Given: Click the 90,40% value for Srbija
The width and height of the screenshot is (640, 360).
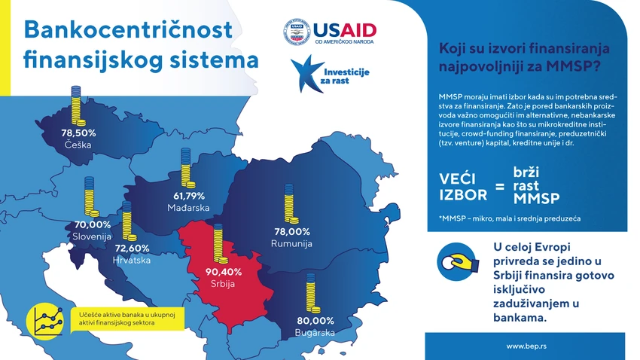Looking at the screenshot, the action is tap(224, 272).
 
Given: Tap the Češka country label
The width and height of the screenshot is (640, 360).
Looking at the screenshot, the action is tap(78, 145).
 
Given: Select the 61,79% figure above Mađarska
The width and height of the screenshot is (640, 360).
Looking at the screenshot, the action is tap(188, 196).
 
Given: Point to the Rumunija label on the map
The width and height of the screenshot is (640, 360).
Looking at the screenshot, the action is tap(291, 244).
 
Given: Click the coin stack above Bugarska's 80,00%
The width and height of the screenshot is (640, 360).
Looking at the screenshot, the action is tap(312, 293).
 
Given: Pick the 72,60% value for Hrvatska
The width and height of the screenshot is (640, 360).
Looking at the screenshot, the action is tap(133, 249).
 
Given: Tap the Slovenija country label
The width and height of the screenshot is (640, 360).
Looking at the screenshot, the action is tap(92, 236).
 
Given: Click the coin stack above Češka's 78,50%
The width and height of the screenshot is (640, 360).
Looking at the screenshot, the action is tap(78, 105).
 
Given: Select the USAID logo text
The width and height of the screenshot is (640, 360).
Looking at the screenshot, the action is tap(345, 31).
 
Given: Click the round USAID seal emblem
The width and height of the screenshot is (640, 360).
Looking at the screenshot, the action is tap(297, 32).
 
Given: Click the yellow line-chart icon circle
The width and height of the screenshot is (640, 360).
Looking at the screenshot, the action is tap(45, 322).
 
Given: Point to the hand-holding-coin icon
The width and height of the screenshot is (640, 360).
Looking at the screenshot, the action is tap(457, 261).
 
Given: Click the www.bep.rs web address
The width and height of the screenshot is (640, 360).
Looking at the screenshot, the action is tap(526, 346).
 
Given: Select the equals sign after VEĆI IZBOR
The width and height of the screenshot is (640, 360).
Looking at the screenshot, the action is tap(500, 187).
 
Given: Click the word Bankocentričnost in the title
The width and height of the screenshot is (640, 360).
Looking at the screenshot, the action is tap(128, 30).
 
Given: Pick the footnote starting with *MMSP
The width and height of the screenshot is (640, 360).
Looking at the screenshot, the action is tap(510, 218).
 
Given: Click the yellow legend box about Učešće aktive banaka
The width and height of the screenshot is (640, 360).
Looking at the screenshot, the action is tap(128, 319).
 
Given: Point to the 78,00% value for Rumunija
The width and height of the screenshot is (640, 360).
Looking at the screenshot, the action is tap(292, 232).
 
